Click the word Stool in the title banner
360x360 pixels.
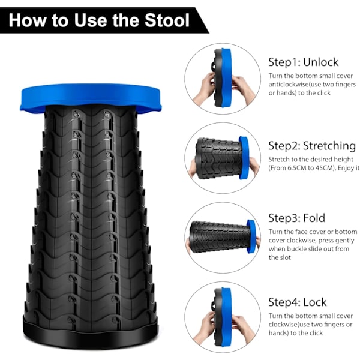167,20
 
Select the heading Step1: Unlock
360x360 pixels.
303,62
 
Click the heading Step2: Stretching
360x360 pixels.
312,146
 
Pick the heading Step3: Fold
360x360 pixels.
296,218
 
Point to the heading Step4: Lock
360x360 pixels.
298,302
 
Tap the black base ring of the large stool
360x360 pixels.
91,332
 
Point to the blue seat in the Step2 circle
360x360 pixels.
244,158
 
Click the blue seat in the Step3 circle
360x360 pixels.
251,236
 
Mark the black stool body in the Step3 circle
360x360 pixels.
219,236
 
